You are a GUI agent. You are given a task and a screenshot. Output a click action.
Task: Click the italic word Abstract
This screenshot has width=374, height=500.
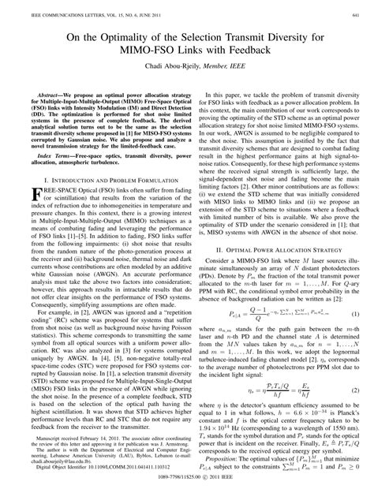[46, 92]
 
